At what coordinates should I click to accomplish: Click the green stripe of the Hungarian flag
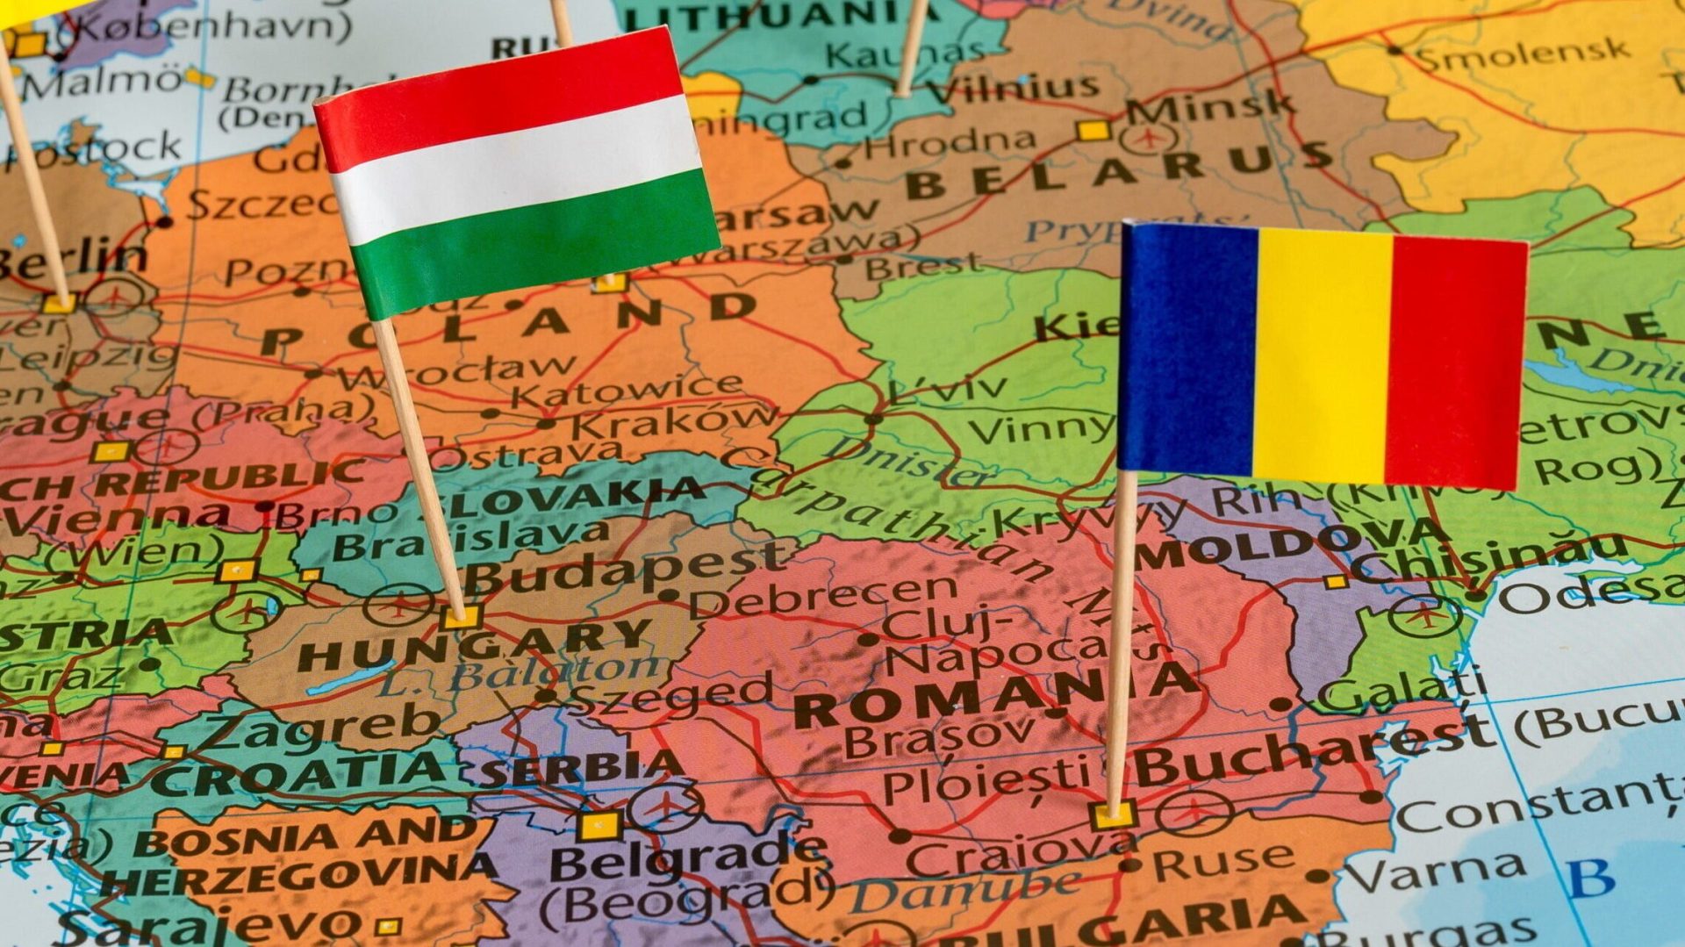(535, 241)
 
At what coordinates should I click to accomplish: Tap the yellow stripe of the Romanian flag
(1321, 355)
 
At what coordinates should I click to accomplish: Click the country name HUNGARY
(474, 645)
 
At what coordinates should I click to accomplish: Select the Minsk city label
(1211, 104)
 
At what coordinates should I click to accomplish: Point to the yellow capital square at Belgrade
(599, 826)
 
